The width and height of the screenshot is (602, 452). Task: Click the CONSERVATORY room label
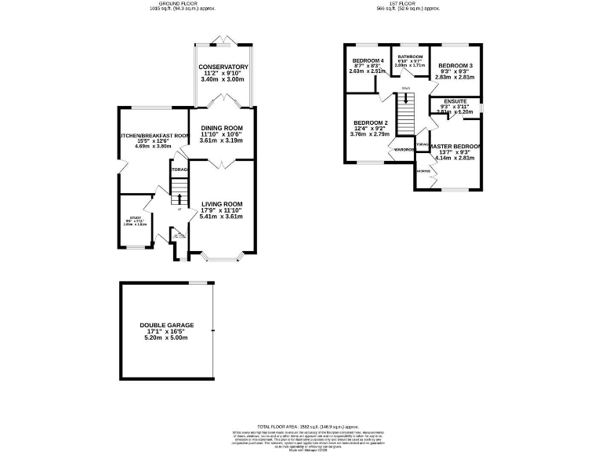pos(223,67)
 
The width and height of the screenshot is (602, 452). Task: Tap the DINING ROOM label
pos(222,128)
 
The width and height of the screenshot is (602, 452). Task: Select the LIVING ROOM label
pos(222,204)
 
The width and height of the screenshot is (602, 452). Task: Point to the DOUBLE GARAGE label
pos(166,325)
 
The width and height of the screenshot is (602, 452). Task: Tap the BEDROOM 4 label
pos(368,60)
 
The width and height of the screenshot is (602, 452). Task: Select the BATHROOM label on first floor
pos(410,57)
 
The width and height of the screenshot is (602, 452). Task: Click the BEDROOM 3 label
pos(456,65)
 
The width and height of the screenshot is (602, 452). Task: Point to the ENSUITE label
pos(455,102)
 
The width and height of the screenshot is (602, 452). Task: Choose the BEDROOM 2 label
pos(370,123)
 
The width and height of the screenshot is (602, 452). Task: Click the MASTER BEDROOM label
pos(455,147)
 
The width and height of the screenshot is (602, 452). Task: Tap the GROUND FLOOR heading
pos(181,4)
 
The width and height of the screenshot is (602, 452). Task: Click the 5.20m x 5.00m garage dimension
pos(166,337)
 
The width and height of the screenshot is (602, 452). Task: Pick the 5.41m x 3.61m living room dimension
pos(222,216)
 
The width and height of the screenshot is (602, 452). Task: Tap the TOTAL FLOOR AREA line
pos(301,425)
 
